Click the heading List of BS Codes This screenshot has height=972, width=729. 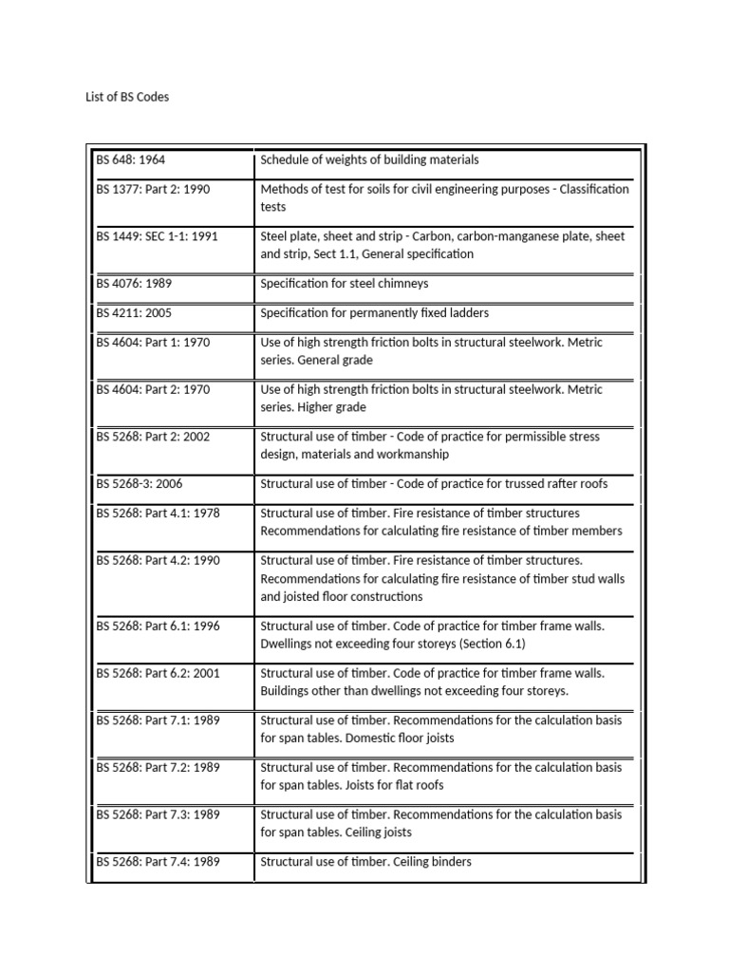(x=127, y=97)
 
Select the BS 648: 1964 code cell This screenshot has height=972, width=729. (x=131, y=160)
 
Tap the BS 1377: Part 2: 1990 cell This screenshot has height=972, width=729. (x=153, y=189)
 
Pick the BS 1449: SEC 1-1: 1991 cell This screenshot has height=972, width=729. (x=157, y=236)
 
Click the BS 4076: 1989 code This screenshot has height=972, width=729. (x=134, y=284)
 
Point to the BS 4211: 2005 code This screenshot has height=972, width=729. (x=134, y=312)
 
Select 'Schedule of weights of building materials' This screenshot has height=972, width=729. (x=369, y=160)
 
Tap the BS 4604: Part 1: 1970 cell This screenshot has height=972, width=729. (x=153, y=342)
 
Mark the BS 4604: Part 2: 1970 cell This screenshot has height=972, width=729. (x=153, y=389)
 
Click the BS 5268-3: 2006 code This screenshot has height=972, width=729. (x=139, y=484)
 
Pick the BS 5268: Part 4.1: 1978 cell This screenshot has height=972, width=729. (x=158, y=513)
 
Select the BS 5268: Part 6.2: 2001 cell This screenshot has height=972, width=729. (x=158, y=673)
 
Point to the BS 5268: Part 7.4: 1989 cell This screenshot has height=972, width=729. (x=158, y=862)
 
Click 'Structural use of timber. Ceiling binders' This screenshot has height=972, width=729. (x=365, y=862)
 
